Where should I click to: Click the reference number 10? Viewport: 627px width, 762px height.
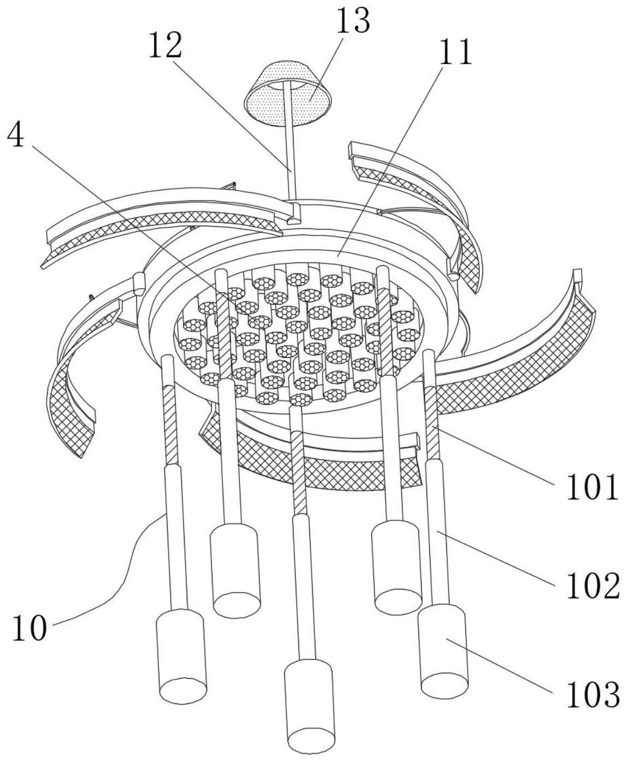(x=30, y=628)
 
